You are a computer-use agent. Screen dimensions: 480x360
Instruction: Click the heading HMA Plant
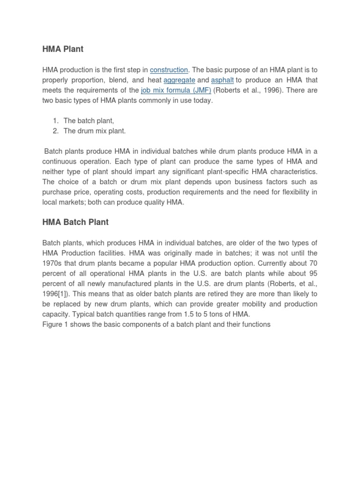63,49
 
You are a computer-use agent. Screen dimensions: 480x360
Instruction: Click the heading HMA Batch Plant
75,222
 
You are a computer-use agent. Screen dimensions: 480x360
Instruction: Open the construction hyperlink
169,70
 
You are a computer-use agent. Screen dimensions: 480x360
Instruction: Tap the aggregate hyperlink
179,80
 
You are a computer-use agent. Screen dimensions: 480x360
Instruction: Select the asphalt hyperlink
222,80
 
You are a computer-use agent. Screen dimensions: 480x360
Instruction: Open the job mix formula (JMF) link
176,90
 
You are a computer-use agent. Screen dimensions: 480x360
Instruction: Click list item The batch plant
89,121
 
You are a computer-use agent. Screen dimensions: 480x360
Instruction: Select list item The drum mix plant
95,131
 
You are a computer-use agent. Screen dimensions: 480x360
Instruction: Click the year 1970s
52,263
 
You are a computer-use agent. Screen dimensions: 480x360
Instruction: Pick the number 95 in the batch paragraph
313,273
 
